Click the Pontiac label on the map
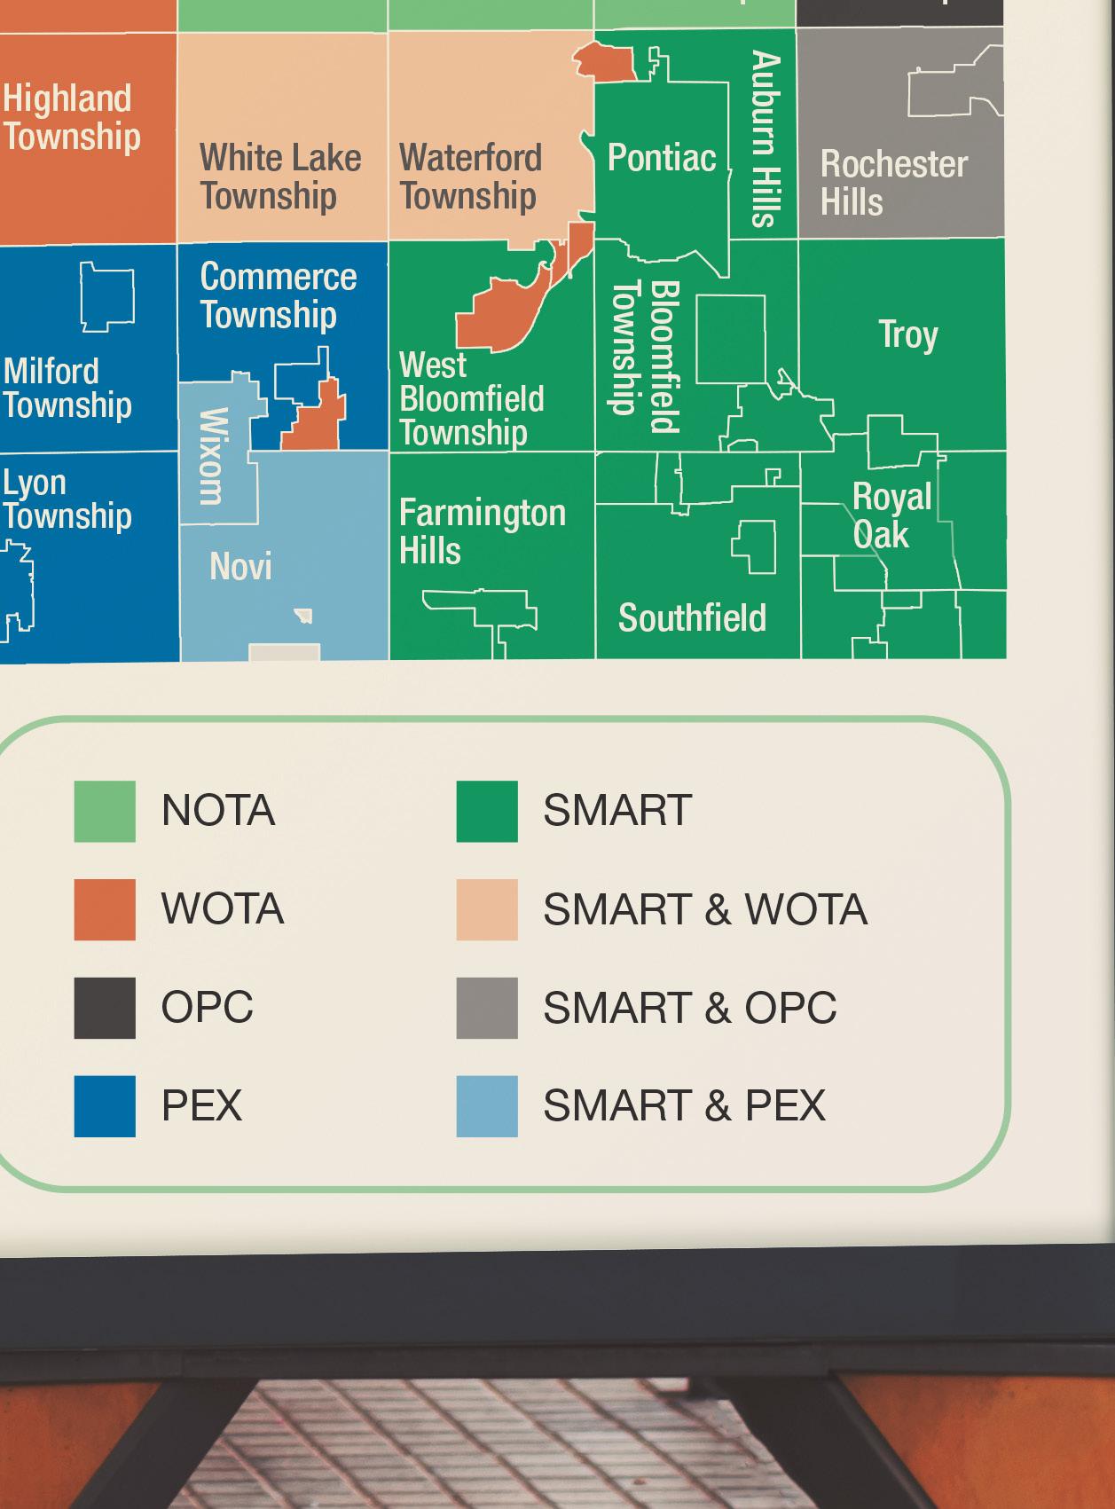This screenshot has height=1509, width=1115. point(661,158)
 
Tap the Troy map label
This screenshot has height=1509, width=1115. point(907,334)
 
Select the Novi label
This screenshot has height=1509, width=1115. point(240,566)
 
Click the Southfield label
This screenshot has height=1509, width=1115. point(692,618)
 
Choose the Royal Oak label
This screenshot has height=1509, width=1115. point(891,515)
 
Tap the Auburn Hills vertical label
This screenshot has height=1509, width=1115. point(766,139)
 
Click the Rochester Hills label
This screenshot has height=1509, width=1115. point(893,183)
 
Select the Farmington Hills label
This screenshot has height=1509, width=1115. point(482,531)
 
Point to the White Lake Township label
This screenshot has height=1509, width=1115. point(280,177)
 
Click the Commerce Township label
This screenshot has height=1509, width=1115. point(278,295)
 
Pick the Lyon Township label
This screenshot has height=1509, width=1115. point(67,499)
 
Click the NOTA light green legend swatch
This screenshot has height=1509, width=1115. point(105,811)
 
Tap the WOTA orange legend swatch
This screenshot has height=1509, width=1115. point(105,909)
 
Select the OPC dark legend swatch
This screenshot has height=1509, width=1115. point(105,1008)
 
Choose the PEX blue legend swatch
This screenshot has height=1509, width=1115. point(105,1106)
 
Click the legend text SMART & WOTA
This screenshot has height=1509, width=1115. point(705,909)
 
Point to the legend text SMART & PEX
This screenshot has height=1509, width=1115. point(684,1106)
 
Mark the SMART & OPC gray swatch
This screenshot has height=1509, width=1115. point(487,1008)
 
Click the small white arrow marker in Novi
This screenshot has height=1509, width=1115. point(304,614)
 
